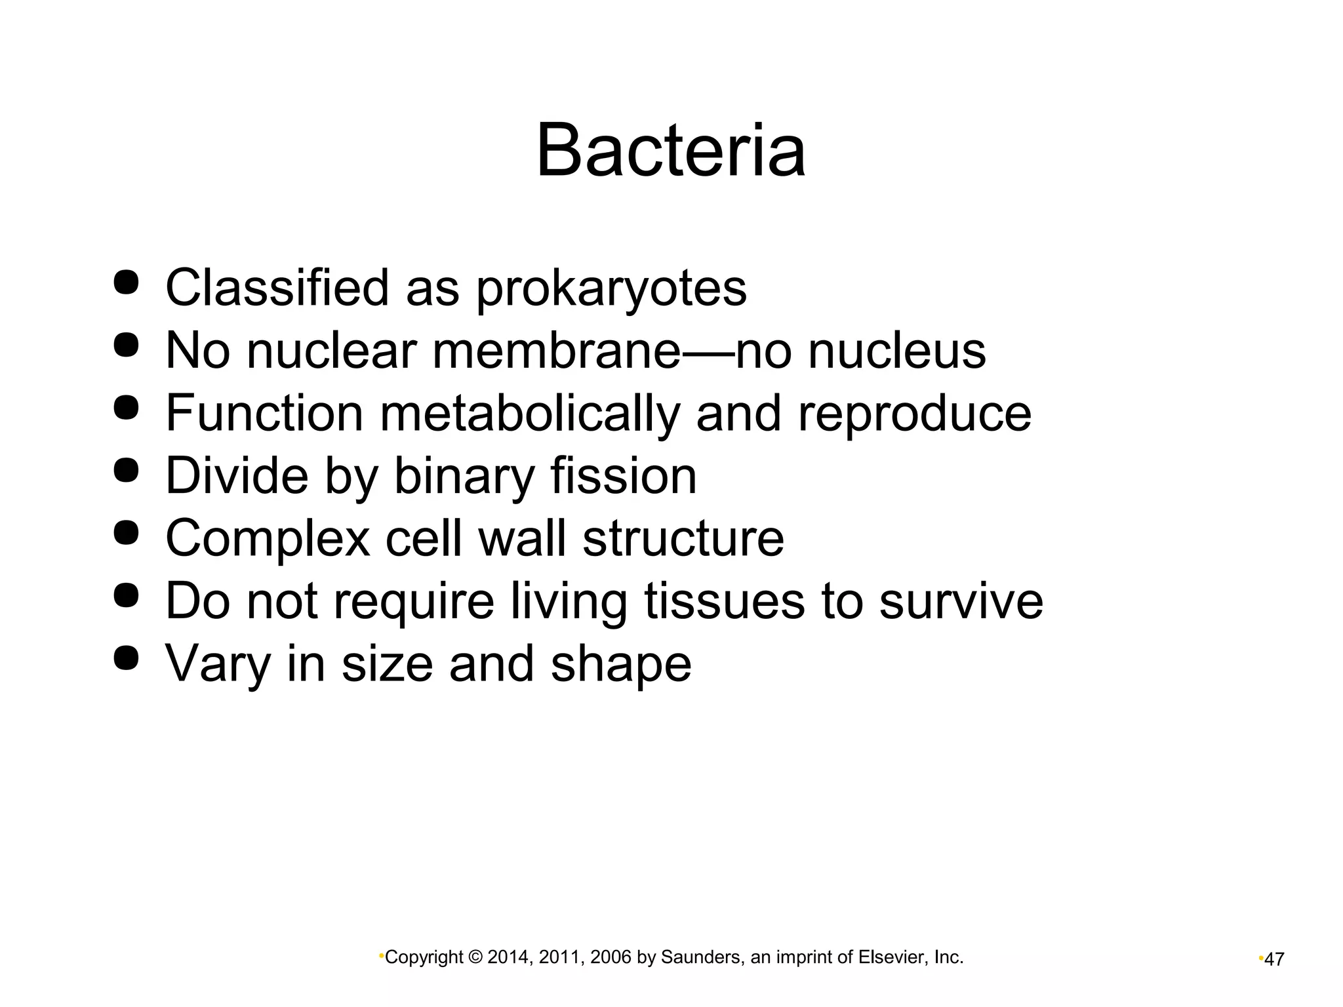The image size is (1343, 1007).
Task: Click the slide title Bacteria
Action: point(670,151)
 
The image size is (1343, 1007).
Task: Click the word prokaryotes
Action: point(611,288)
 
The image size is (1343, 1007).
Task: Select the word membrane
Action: point(557,351)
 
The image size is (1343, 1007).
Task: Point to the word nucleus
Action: point(896,351)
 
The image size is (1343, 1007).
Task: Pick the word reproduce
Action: point(914,414)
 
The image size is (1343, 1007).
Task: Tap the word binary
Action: point(464,476)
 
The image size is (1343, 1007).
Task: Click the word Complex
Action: point(268,538)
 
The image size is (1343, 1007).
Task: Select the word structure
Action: point(683,538)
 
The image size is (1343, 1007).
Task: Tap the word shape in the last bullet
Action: point(620,664)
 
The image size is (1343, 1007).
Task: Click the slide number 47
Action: point(1273,960)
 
